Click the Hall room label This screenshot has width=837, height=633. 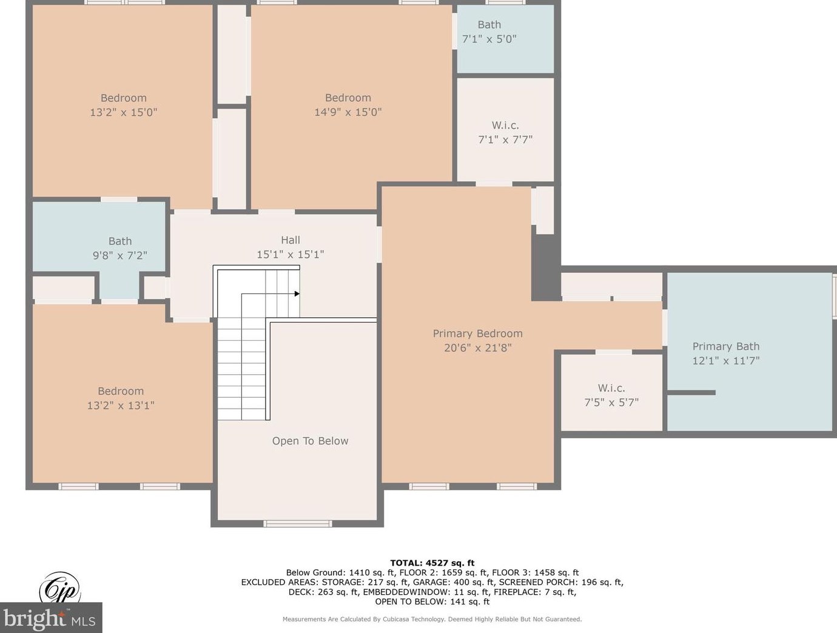pos(290,240)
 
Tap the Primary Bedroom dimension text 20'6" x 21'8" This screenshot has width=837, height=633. pos(477,348)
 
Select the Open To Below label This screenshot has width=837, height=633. pos(310,441)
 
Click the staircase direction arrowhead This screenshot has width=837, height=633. pos(297,293)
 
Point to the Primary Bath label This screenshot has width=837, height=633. pos(725,346)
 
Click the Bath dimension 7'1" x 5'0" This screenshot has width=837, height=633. pos(489,39)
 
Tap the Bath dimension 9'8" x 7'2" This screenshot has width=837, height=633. pos(119,255)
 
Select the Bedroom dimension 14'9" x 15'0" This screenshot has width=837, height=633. pos(348,112)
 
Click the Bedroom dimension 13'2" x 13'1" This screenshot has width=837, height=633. pos(121,405)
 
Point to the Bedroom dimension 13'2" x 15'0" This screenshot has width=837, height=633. pos(124,112)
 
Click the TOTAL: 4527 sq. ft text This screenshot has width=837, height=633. pos(432,563)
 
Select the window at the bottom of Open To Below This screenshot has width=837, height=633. pos(297,524)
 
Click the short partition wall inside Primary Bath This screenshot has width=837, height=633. pos(691,392)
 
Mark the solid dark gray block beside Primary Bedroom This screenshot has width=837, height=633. pos(546,267)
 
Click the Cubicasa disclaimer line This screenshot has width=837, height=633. pos(432,619)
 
